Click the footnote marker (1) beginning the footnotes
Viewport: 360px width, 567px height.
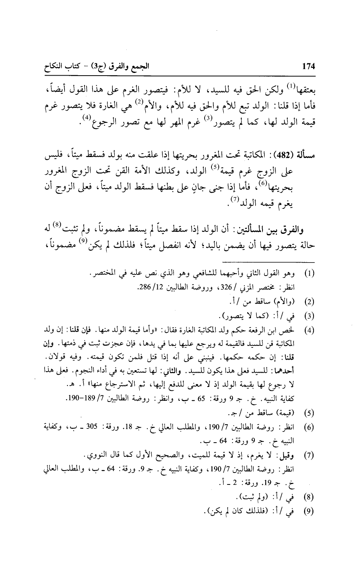[309, 275]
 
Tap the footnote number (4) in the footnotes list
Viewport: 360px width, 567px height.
[309, 329]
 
